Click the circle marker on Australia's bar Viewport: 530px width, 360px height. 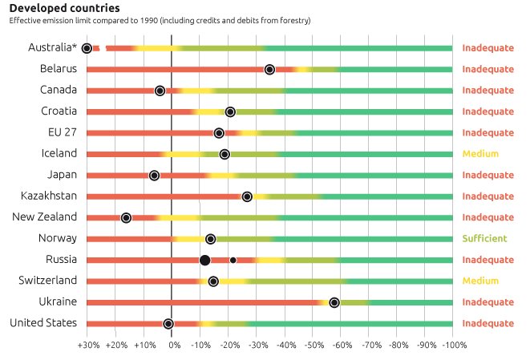pos(87,49)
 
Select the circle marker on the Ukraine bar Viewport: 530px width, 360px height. pos(334,302)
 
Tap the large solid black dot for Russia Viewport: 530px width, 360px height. pos(204,260)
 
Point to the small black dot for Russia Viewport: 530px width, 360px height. pos(233,260)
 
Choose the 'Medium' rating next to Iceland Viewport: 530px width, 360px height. pos(480,154)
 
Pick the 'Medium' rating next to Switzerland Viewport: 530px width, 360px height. pos(480,281)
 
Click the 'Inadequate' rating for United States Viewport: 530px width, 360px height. pos(488,323)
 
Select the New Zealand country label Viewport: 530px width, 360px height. pos(45,216)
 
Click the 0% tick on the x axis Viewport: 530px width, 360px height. pos(172,345)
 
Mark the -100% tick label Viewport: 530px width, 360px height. pos(453,345)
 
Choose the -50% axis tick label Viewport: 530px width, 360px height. pos(313,345)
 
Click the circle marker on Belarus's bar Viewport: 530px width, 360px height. pos(269,70)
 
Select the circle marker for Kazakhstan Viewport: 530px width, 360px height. pos(247,196)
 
